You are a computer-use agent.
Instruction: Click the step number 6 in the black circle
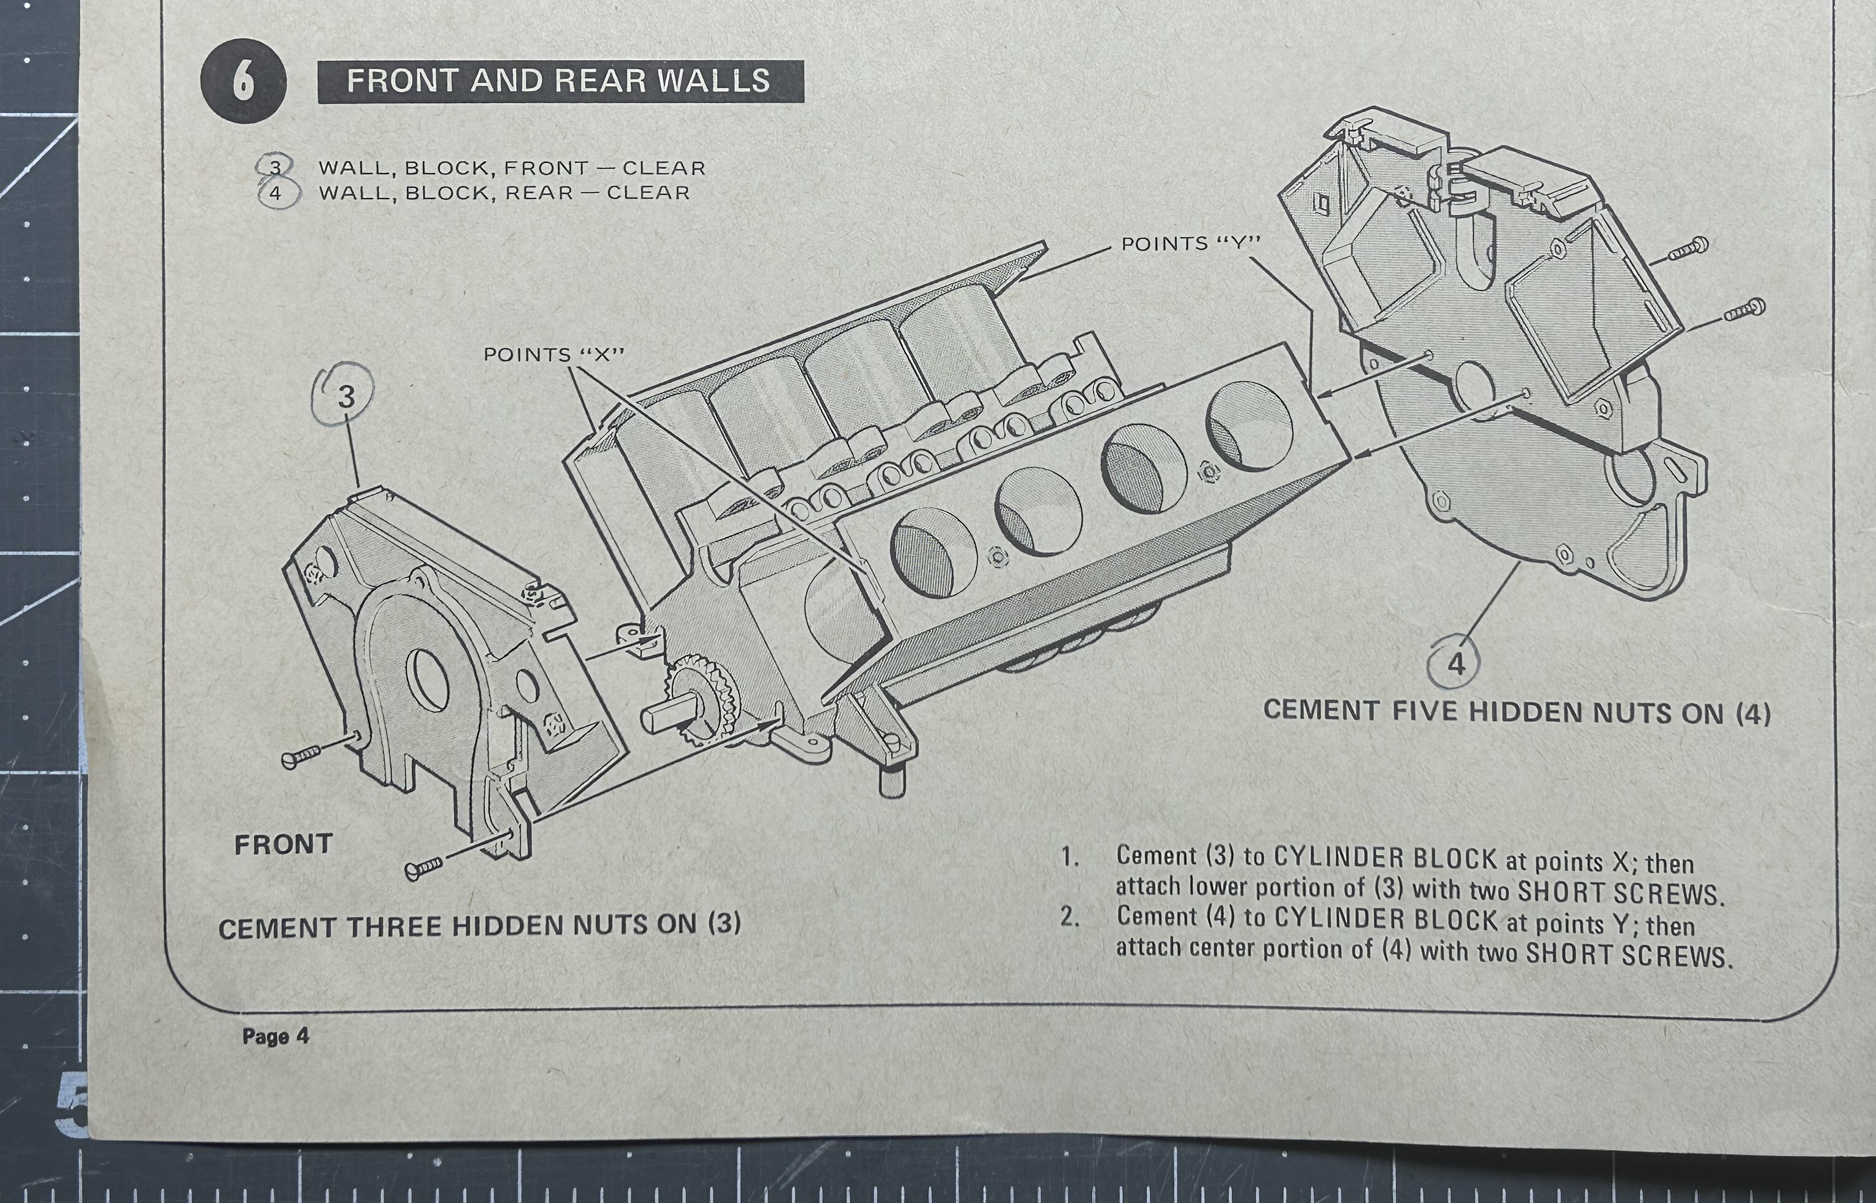243,81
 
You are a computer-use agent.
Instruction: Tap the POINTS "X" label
555,355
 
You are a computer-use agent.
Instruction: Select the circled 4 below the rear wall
1457,664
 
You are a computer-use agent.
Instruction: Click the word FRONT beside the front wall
284,844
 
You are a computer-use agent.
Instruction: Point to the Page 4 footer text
275,1037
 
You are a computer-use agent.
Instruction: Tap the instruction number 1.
1069,856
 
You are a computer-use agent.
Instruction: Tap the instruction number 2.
1069,917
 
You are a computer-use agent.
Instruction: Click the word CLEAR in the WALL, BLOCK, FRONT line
664,168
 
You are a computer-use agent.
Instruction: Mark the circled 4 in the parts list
275,193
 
